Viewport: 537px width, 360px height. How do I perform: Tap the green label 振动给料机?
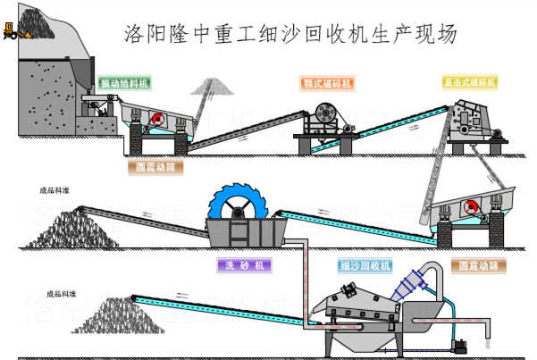pos(125,82)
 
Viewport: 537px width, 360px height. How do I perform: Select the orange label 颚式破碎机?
pos(327,83)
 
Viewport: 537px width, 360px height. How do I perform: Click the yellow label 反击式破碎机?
pos(469,82)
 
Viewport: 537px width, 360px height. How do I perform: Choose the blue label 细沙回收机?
pos(365,265)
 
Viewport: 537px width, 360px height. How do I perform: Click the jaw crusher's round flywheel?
pos(323,117)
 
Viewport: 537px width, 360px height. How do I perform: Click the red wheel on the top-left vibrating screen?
pos(156,120)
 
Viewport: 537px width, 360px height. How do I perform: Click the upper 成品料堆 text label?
pos(54,190)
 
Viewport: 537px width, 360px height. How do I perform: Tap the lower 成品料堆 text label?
pos(62,294)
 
